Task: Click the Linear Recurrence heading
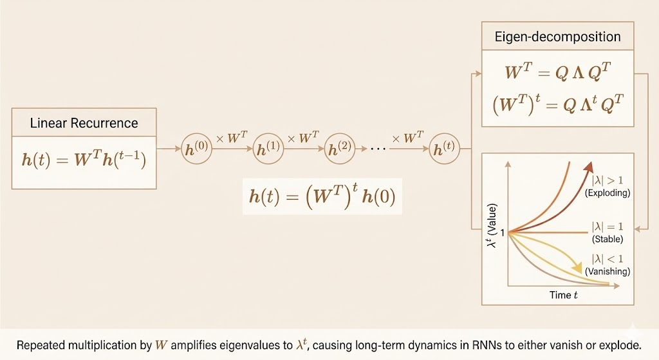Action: point(84,122)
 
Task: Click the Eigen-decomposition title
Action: point(557,37)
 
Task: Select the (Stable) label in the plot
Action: point(607,239)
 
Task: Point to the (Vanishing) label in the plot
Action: point(608,271)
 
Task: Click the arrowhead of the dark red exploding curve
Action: point(588,167)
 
